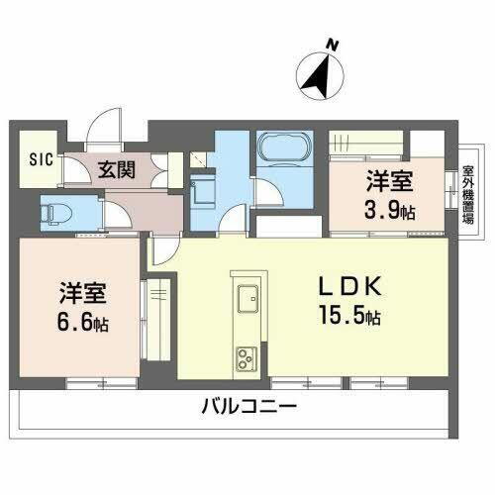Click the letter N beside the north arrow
(x=334, y=45)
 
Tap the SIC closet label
(x=41, y=158)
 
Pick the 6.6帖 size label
(x=82, y=324)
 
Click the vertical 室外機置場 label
(x=464, y=195)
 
